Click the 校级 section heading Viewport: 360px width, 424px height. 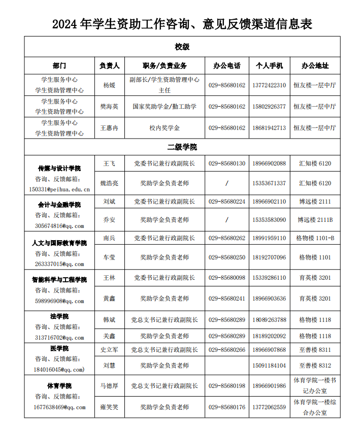[182, 47]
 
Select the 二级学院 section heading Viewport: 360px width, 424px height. [182, 147]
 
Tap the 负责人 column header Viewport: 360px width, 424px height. [109, 66]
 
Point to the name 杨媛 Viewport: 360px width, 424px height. [109, 85]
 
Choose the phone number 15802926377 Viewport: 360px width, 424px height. [269, 107]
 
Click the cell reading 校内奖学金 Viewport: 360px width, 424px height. [165, 128]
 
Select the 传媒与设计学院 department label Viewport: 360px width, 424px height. [59, 168]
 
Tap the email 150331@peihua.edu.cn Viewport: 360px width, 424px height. [59, 189]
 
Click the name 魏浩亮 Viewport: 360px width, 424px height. [109, 183]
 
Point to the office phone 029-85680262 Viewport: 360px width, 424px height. [226, 238]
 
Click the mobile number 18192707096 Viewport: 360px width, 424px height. [269, 257]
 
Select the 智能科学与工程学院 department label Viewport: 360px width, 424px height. [59, 280]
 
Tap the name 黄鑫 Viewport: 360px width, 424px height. [109, 299]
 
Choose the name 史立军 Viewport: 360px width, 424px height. [109, 350]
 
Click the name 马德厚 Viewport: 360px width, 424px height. [109, 386]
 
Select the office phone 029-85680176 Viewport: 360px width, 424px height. [226, 407]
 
